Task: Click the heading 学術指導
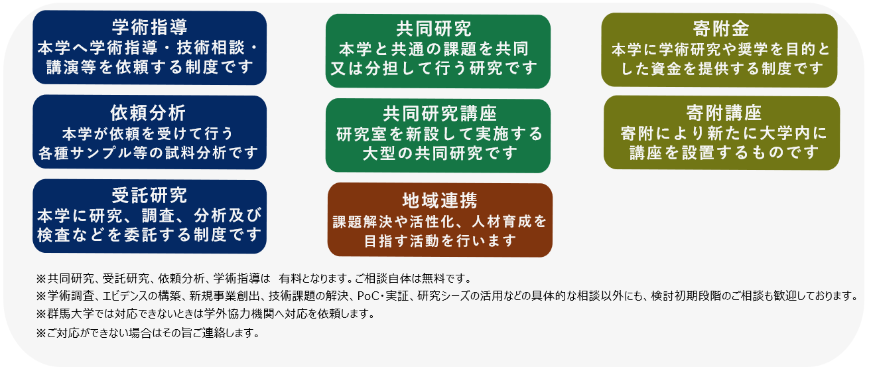coord(149,27)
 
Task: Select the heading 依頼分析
coord(148,113)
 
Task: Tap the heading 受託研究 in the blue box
coord(149,195)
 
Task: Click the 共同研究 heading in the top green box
coord(434,29)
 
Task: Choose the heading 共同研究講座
coord(440,113)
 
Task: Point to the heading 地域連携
coord(440,200)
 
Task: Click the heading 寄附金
coord(721,29)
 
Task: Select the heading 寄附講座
coord(724,113)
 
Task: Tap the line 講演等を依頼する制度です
coord(150,67)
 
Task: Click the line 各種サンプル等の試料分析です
coord(148,153)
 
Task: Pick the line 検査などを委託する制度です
coord(150,235)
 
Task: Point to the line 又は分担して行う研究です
coord(434,69)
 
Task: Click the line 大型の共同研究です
coord(440,153)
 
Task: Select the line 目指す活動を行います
coord(440,241)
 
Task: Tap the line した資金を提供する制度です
coord(722,69)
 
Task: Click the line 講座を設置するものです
coord(724,153)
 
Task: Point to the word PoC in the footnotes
coord(368,296)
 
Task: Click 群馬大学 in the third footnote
coord(65,314)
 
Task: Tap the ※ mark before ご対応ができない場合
coord(41,333)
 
